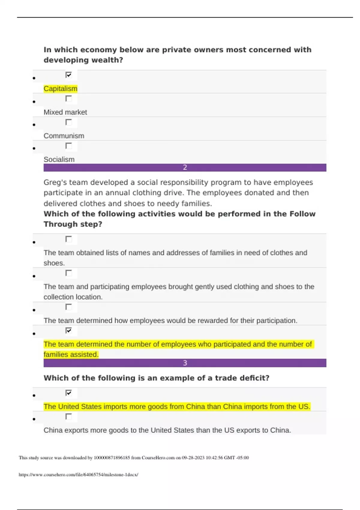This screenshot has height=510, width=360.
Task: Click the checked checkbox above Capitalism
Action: (x=68, y=75)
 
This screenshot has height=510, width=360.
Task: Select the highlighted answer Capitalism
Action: (x=60, y=88)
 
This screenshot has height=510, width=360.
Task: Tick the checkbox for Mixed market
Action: (x=68, y=98)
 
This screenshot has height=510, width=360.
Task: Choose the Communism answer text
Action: (x=64, y=136)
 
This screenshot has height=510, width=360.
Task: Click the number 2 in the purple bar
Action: (x=185, y=167)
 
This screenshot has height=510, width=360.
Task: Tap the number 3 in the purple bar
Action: (x=185, y=363)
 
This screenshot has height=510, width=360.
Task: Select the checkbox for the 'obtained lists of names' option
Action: (x=68, y=239)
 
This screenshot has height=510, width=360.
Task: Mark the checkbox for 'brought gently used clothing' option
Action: (x=68, y=273)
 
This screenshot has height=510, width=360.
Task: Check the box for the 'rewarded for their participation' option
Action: (x=68, y=307)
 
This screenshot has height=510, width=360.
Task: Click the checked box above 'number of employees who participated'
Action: (x=68, y=330)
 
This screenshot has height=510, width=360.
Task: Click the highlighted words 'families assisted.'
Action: (x=71, y=355)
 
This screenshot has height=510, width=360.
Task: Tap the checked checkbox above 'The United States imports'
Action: (x=68, y=393)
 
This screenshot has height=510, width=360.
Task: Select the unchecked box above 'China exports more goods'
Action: (x=68, y=416)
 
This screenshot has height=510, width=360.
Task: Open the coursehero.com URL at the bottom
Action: (x=78, y=475)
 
